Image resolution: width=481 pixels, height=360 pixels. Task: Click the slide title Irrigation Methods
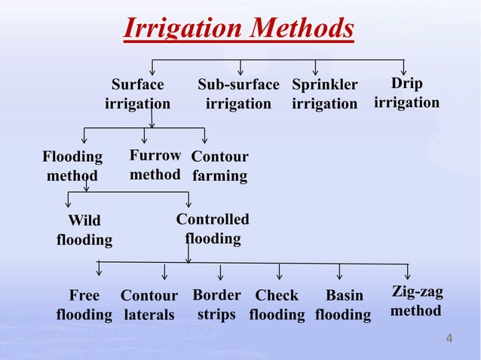pos(238,29)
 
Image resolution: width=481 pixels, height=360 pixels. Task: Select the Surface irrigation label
pos(137,93)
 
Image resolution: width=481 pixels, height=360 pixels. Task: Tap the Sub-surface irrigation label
pos(238,93)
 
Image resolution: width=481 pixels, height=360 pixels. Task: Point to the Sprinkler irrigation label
pos(324,93)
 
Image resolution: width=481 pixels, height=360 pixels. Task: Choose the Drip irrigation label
pos(406,92)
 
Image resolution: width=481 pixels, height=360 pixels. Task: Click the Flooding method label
pos(72,166)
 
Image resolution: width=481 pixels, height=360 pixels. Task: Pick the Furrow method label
pos(155,165)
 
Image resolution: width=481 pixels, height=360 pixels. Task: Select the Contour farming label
pos(219,166)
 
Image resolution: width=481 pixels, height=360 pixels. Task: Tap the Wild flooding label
pos(84,230)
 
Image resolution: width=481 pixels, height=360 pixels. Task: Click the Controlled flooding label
pos(213,229)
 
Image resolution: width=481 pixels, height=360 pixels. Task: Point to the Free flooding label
pos(84,304)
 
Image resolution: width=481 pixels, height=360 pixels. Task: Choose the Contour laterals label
pos(149,304)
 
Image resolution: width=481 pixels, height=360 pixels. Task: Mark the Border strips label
pos(216,304)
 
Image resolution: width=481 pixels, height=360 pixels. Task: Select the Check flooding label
pos(277,304)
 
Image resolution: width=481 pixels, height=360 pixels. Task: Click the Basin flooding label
pos(344,304)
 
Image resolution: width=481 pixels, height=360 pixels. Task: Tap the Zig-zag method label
pos(416,301)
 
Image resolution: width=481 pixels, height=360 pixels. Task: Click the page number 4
pos(449,339)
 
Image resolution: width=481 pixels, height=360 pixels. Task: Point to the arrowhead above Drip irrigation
pos(404,72)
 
